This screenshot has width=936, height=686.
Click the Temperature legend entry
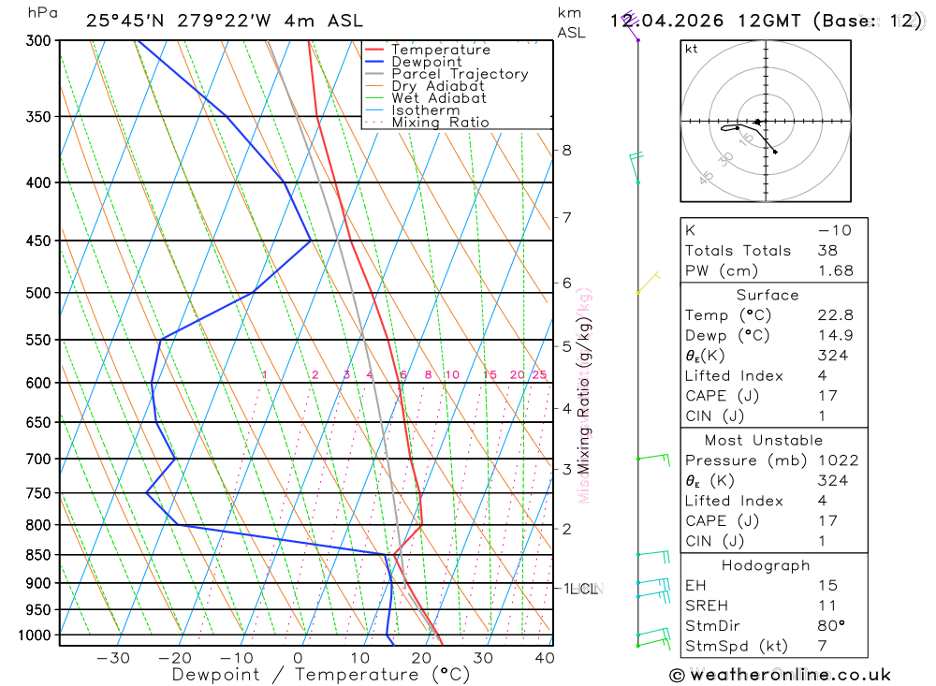[x=440, y=50]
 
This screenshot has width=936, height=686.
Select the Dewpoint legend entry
[x=426, y=62]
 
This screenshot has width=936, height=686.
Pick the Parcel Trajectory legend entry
[x=459, y=74]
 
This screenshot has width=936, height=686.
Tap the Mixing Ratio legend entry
[x=440, y=123]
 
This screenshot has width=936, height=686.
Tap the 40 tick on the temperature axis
[x=544, y=658]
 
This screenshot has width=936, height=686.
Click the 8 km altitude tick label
[x=566, y=150]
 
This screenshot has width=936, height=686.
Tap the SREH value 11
[x=826, y=606]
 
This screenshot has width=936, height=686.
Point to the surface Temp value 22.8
[x=835, y=315]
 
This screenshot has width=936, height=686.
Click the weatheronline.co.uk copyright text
[x=780, y=675]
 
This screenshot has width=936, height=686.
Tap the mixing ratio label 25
[x=539, y=375]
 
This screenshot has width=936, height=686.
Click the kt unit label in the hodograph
[x=692, y=49]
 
